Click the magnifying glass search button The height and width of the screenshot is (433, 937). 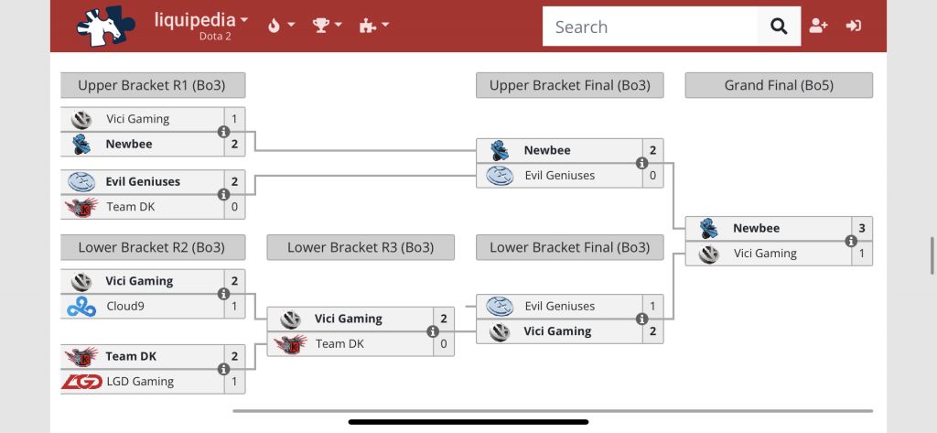click(x=779, y=27)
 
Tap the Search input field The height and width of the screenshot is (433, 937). click(x=650, y=27)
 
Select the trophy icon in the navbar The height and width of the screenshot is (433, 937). click(x=321, y=26)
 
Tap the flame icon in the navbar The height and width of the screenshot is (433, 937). click(x=274, y=26)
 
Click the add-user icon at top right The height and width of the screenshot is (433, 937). click(x=818, y=26)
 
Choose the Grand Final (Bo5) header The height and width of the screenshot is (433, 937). click(x=779, y=85)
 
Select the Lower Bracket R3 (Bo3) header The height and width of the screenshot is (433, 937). click(x=361, y=247)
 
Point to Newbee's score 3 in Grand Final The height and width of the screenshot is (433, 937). click(x=861, y=228)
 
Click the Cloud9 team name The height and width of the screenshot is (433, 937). click(x=126, y=307)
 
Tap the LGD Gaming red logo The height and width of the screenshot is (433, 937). click(x=81, y=382)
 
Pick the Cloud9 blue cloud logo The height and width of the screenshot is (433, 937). click(x=81, y=307)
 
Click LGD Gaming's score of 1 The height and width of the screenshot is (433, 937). click(x=234, y=382)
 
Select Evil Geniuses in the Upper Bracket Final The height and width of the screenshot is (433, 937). click(x=559, y=176)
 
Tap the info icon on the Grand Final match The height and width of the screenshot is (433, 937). click(x=851, y=241)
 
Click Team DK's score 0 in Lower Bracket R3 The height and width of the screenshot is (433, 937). click(x=444, y=344)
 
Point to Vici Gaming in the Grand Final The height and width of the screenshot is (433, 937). click(x=765, y=254)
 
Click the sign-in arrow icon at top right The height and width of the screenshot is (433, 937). click(x=854, y=26)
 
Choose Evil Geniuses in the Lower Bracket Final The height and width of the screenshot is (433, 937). click(x=559, y=307)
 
